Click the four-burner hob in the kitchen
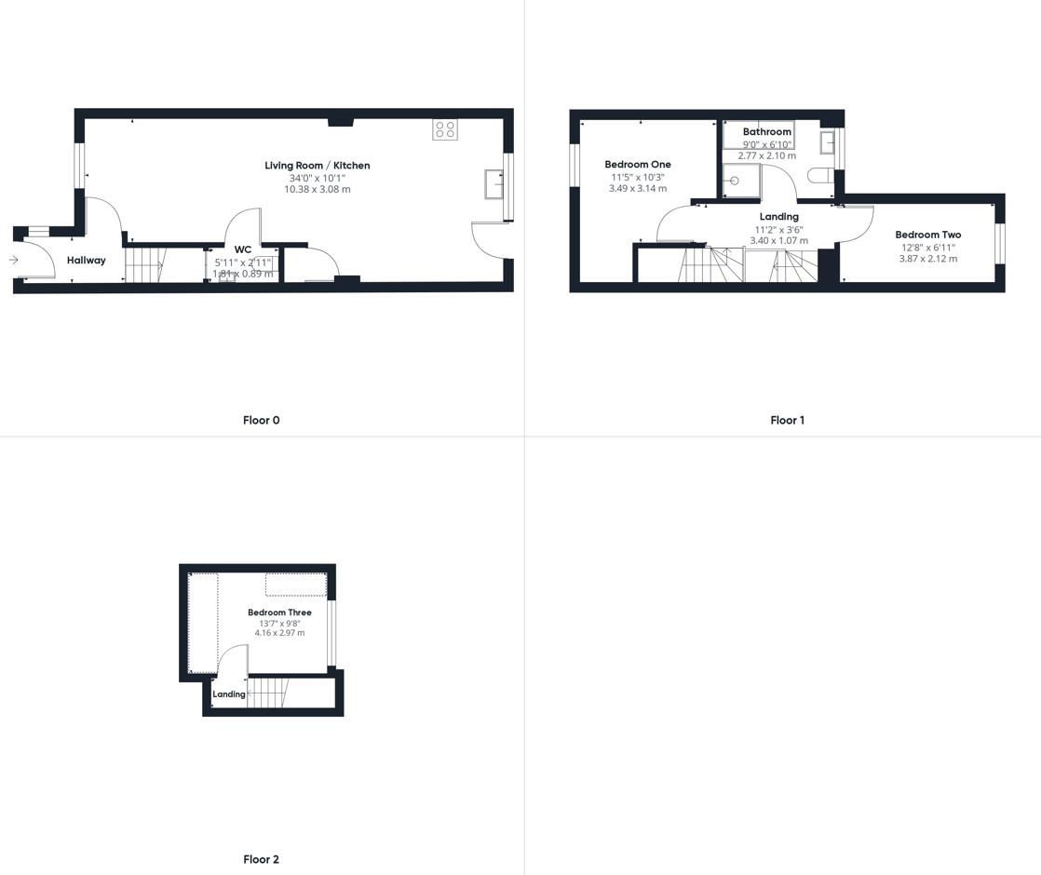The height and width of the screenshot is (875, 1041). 445,129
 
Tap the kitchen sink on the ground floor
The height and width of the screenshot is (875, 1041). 493,184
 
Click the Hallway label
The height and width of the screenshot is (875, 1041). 87,261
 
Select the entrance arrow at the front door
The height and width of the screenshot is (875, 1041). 14,260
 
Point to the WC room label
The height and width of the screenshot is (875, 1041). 243,249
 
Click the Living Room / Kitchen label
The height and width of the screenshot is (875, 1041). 318,166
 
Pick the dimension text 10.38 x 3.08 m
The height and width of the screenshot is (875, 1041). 318,189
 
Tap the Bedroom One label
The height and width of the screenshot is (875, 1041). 638,165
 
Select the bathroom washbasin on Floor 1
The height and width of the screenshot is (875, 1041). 827,142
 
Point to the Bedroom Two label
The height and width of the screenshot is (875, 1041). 928,236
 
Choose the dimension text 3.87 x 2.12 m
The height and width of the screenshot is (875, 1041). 928,259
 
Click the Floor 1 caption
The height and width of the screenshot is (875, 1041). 787,421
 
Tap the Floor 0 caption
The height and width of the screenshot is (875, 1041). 262,421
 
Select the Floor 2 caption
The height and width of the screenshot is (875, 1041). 262,860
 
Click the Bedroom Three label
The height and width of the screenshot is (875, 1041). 279,612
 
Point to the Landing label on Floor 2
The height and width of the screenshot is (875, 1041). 229,694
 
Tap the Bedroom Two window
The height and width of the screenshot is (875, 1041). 1000,243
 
